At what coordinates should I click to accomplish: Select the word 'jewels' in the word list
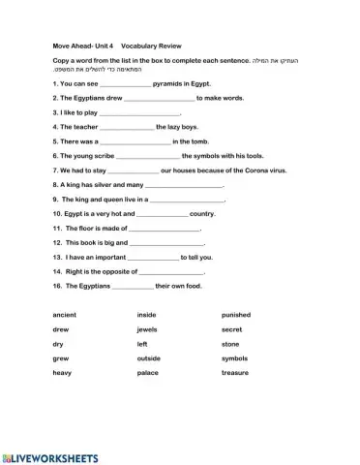147,329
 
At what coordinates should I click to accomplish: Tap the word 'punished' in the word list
235,315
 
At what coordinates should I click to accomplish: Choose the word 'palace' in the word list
148,373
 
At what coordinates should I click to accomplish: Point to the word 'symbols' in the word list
235,358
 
